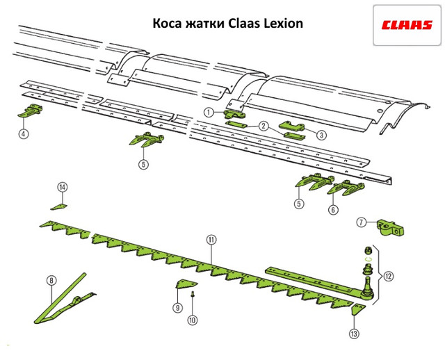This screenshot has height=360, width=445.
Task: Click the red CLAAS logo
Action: (407, 26)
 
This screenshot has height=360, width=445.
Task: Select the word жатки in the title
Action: (207, 24)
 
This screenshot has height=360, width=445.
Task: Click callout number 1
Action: (209, 111)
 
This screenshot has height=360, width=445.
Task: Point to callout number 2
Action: (264, 126)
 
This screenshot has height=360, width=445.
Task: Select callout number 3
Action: (322, 136)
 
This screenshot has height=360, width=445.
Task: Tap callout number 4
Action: (24, 133)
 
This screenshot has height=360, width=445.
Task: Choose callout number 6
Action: (333, 208)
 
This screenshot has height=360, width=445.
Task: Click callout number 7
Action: (362, 222)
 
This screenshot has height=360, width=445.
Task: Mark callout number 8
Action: (50, 281)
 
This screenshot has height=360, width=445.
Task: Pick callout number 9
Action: (177, 306)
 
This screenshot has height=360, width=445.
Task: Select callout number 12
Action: (388, 276)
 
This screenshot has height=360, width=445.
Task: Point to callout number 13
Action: (355, 334)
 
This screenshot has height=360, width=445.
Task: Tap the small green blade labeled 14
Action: (60, 206)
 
